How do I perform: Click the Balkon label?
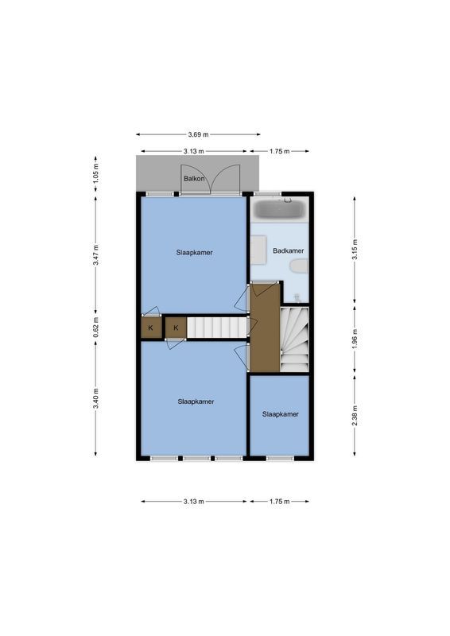194,179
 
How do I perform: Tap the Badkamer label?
288,250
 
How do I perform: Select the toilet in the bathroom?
298,266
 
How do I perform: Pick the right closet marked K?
176,328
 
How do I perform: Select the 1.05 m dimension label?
95,173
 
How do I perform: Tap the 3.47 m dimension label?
95,255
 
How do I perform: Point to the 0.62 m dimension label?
95,328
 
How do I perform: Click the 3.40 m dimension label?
95,398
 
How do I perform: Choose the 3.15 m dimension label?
355,250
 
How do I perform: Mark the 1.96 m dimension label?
355,339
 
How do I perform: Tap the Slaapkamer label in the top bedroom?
195,253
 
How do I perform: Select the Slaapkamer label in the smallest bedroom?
280,414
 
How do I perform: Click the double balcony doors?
210,179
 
